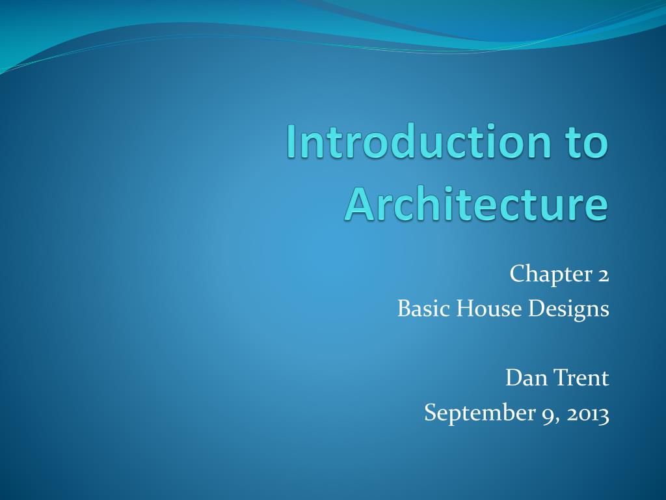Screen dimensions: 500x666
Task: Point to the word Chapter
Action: tap(549, 275)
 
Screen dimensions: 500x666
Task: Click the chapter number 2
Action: tap(603, 275)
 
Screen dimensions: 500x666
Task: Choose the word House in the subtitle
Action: tap(481, 309)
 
